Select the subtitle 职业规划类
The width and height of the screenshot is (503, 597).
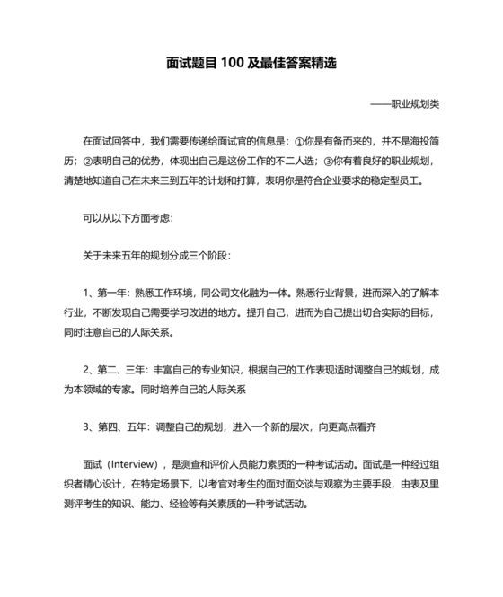(415, 103)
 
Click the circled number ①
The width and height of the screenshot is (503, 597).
(300, 142)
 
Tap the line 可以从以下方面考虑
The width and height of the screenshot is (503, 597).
(121, 218)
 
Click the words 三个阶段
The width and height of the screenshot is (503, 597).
(207, 256)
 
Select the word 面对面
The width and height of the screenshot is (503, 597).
(293, 485)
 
